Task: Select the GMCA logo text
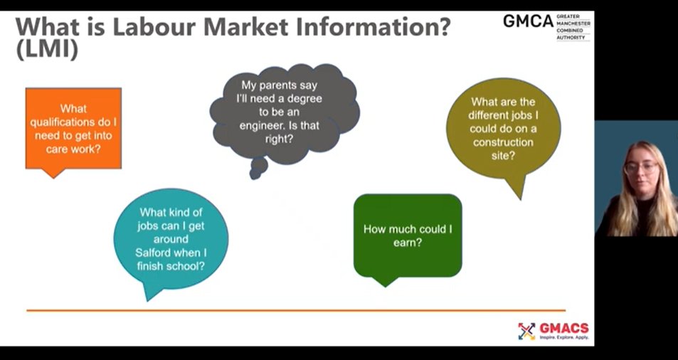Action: pyautogui.click(x=528, y=21)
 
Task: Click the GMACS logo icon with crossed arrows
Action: pyautogui.click(x=526, y=331)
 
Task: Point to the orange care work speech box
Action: pyautogui.click(x=73, y=129)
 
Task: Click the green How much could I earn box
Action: pyautogui.click(x=408, y=235)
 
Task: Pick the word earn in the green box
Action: pyautogui.click(x=407, y=243)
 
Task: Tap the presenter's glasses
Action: pyautogui.click(x=641, y=168)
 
